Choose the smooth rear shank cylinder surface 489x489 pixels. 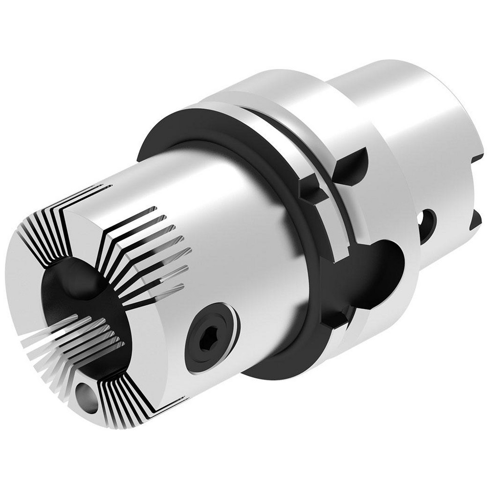pyautogui.click(x=416, y=122)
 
